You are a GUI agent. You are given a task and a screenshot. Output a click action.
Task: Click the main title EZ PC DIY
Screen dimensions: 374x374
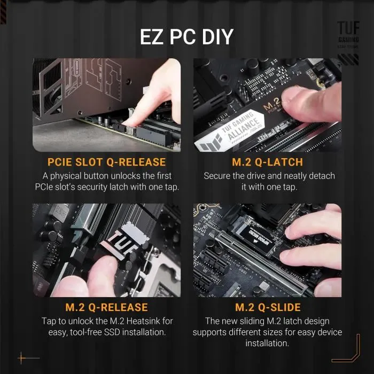tap(186, 36)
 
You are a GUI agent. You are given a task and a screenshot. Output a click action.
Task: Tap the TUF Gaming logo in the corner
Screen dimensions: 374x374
tap(348, 34)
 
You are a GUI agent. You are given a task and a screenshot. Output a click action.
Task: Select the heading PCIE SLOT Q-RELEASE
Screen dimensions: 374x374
tap(107, 162)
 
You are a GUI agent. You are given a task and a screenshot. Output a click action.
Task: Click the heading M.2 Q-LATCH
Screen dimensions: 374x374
tap(267, 162)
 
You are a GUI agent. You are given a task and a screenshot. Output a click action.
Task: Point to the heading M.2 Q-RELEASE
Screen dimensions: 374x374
tap(107, 307)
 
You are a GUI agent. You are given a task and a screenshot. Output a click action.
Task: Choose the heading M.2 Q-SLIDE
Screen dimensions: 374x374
tap(268, 307)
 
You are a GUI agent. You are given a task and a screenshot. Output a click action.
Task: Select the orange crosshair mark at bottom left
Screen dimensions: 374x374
tap(22, 357)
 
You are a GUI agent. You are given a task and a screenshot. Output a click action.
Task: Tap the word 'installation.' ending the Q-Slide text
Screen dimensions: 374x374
tap(267, 344)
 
